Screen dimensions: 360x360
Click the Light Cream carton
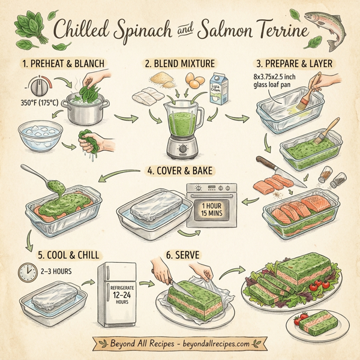[220, 91]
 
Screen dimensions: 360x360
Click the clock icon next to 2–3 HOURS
[26, 274]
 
